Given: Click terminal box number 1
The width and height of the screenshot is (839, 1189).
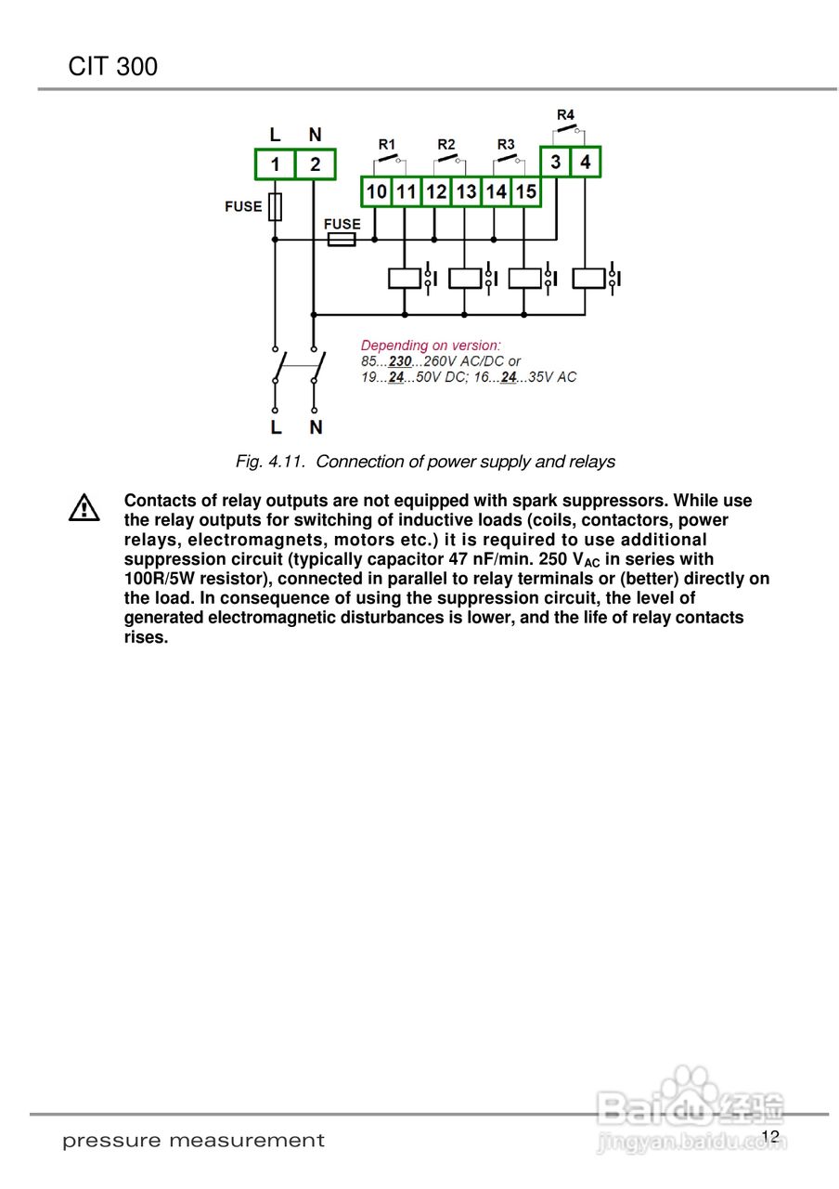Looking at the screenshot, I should tap(275, 164).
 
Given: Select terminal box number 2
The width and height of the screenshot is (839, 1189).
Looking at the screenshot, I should tap(316, 164).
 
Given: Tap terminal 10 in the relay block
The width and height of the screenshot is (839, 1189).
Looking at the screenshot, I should tap(376, 192).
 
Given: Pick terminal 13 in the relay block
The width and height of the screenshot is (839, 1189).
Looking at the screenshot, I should tap(466, 192).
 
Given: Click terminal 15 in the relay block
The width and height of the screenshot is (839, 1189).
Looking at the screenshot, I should tap(526, 192).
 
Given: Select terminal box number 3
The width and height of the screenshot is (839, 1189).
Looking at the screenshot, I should tap(555, 163).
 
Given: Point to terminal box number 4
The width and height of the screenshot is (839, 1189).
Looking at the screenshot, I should tap(585, 163).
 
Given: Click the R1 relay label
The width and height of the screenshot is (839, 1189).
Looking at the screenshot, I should tap(387, 144).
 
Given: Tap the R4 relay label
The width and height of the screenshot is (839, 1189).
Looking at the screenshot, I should tap(565, 114).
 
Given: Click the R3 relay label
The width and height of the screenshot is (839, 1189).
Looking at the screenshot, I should tap(506, 144).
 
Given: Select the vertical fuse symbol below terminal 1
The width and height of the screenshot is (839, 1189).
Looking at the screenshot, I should tap(275, 207).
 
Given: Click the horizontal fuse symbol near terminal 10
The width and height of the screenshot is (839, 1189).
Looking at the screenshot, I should tap(341, 240).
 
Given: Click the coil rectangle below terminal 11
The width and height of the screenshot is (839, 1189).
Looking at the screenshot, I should tap(404, 278).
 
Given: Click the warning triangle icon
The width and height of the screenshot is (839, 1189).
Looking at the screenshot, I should tap(84, 507).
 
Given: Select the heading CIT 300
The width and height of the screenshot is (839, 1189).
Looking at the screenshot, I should tap(112, 67).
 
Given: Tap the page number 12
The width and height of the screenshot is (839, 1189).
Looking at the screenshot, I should tap(769, 1137).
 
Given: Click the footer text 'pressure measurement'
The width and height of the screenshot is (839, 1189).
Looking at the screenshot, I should tap(193, 1141).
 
